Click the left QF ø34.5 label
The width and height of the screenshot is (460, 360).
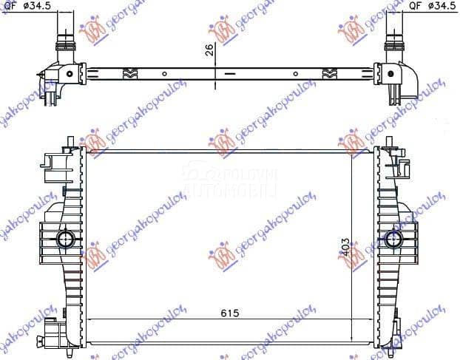pyautogui.click(x=24, y=7)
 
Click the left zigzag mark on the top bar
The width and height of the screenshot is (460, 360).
pyautogui.click(x=128, y=73)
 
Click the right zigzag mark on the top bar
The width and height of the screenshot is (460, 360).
pyautogui.click(x=330, y=73)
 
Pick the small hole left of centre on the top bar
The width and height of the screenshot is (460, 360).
pyautogui.click(x=163, y=73)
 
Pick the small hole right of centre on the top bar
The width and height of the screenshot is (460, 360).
pyautogui.click(x=295, y=73)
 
